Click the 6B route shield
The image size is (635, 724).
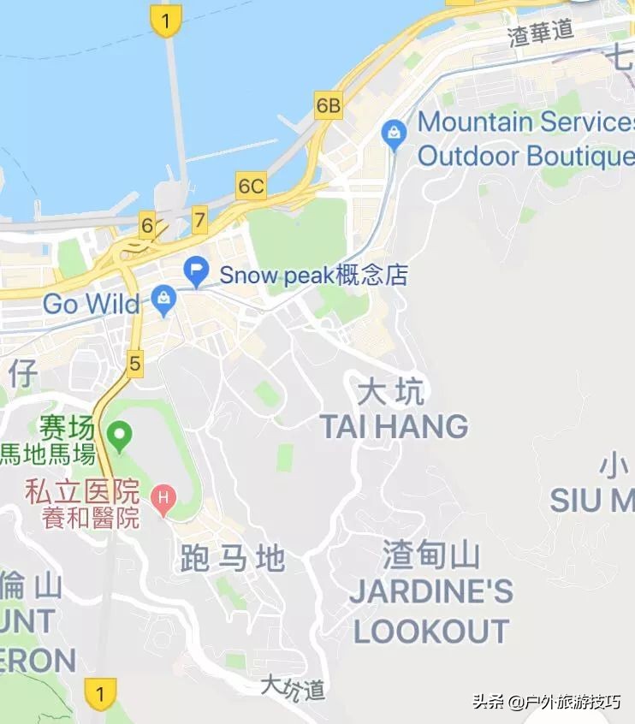point(329,106)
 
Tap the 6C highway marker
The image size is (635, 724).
point(252,186)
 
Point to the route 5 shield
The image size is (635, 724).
point(134,363)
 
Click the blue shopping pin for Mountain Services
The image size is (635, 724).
point(395,134)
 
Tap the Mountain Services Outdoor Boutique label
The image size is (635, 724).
point(525,139)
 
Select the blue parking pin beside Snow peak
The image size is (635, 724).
point(198,274)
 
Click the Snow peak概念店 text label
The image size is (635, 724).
point(313,276)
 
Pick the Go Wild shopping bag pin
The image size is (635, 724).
point(163,300)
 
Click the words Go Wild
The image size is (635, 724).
point(91,304)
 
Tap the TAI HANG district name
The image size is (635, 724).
point(395,426)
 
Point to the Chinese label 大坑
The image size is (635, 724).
point(390,393)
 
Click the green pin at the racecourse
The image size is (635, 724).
point(120,437)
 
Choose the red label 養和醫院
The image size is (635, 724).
point(91,518)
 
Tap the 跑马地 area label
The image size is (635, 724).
point(233,558)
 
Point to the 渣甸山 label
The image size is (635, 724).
point(431,556)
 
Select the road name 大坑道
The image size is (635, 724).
point(293,686)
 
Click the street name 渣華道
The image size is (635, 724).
point(541,34)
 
